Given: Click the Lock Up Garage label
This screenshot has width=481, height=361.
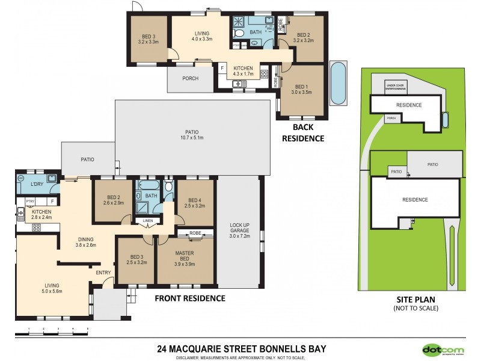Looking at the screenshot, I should (x=239, y=230).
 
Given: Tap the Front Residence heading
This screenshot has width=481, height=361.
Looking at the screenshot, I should (x=190, y=298).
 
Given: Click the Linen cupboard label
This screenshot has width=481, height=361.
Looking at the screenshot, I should (x=147, y=221).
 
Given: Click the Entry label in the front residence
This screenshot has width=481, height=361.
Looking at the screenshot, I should (x=104, y=273).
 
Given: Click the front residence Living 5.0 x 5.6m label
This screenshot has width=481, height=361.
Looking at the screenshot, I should (x=53, y=288).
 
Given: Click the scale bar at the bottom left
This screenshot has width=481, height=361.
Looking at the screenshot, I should (x=58, y=329).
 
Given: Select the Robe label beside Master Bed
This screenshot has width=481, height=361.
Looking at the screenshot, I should (x=195, y=233).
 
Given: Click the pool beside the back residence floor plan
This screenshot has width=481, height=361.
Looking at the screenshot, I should (x=339, y=82).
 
